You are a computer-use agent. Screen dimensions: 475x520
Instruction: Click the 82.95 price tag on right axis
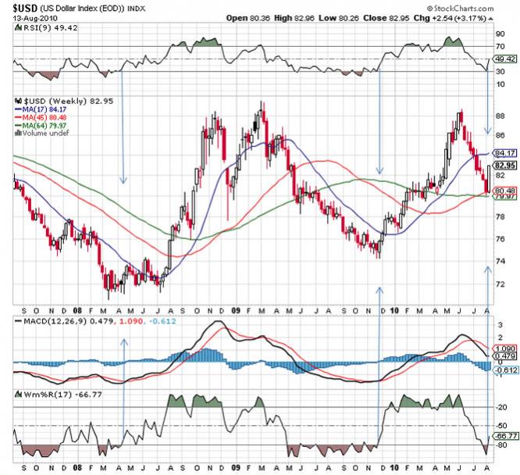(x=504, y=166)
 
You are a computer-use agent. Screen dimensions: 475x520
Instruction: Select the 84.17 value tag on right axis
(x=504, y=153)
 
